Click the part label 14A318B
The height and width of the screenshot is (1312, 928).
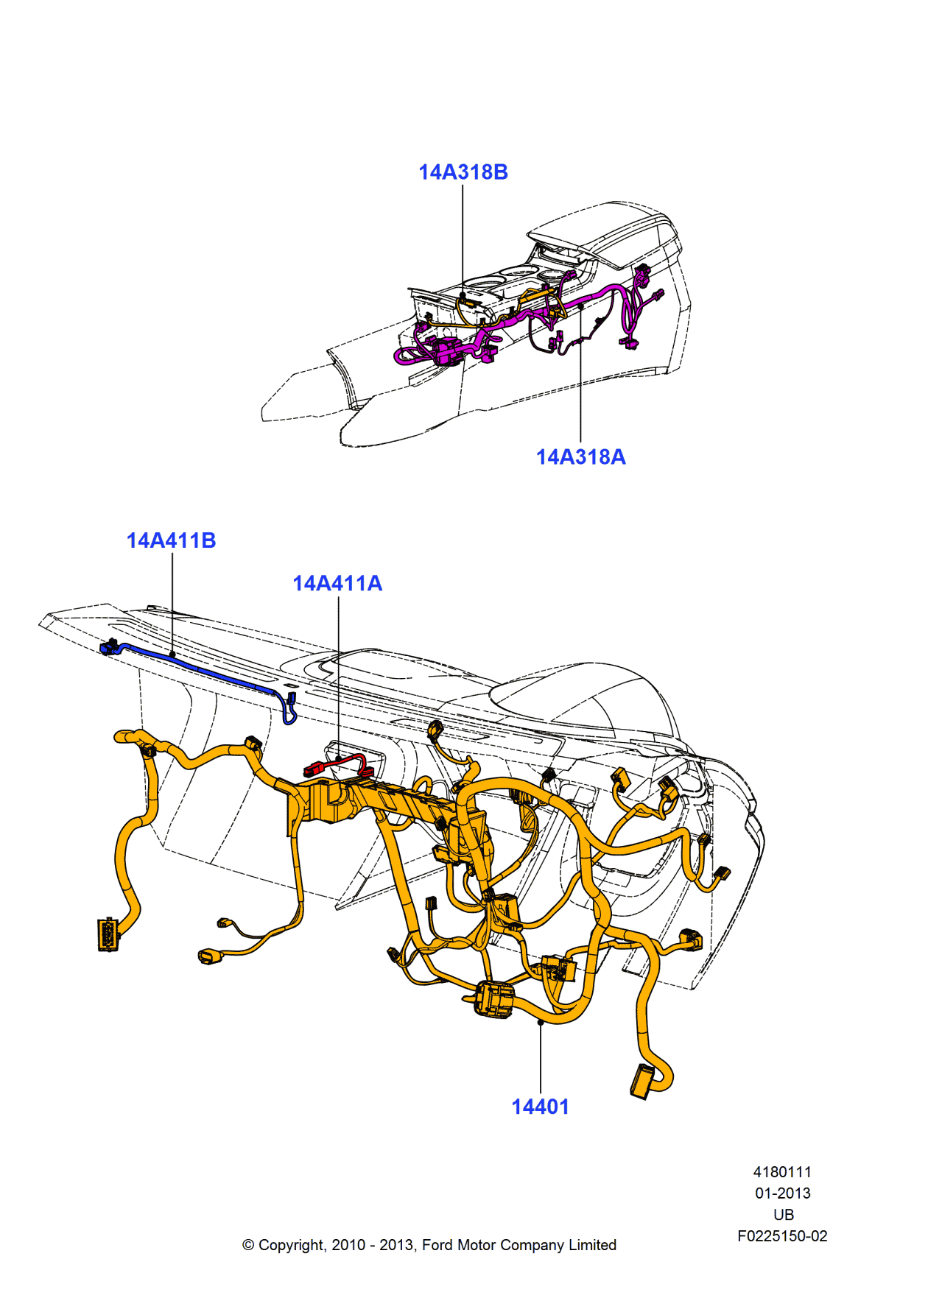463,172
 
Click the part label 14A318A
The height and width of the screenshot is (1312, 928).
580,457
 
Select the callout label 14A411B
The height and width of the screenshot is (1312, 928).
171,540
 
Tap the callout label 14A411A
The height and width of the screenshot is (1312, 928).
337,583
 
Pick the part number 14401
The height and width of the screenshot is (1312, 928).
540,1107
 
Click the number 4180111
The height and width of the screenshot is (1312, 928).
782,1171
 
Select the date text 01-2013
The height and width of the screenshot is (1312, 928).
782,1193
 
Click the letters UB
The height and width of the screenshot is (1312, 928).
784,1215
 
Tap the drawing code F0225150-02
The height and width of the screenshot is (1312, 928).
782,1236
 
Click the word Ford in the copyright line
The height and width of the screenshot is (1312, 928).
437,1245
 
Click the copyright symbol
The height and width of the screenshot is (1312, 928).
248,1245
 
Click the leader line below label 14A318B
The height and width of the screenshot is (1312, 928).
463,236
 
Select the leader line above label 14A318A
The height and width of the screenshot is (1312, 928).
580,375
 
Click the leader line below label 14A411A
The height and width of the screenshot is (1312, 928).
339,677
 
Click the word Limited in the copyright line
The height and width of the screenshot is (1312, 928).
592,1245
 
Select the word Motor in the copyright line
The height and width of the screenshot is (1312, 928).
477,1245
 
